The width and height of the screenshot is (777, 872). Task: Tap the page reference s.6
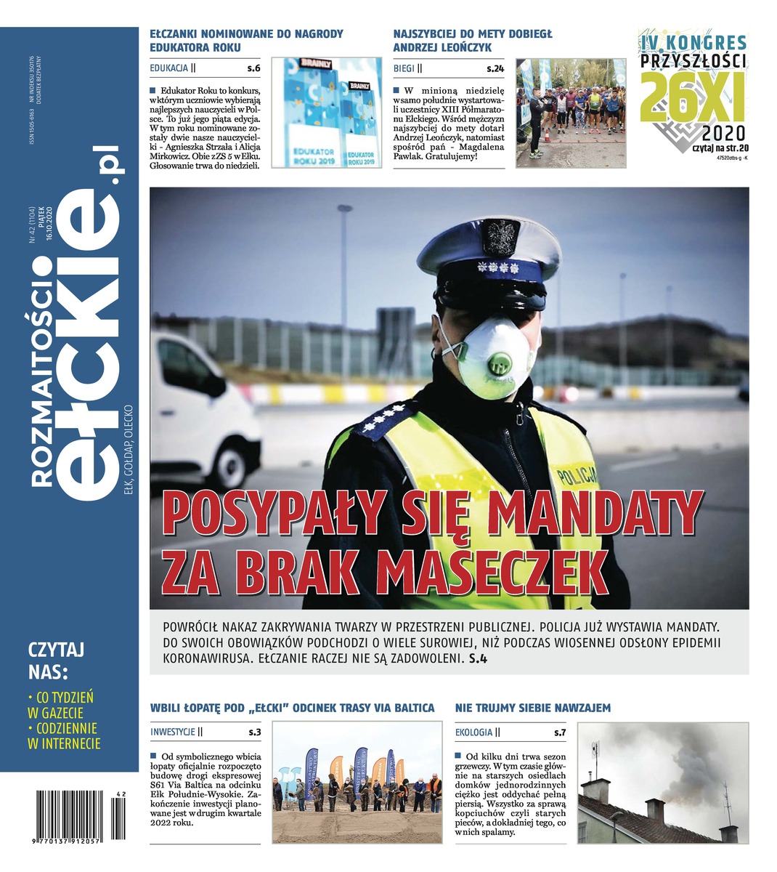pos(253,69)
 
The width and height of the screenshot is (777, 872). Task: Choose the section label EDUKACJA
pos(169,69)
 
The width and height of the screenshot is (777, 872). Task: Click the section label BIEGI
pos(404,69)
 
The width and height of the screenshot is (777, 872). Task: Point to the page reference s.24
pos(495,69)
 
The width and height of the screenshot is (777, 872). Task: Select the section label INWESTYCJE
pos(173,732)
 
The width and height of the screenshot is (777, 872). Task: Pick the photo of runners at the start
pos(571,113)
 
